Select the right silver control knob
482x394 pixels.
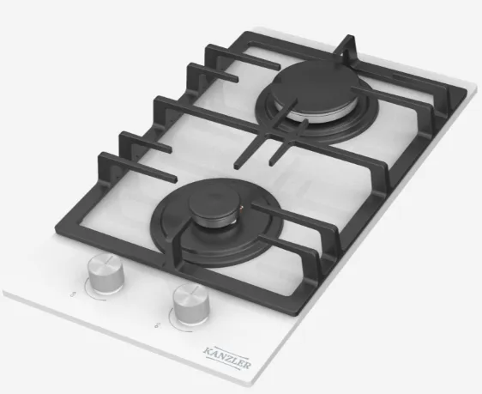pos(190,301)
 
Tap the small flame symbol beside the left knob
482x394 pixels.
pos(74,293)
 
